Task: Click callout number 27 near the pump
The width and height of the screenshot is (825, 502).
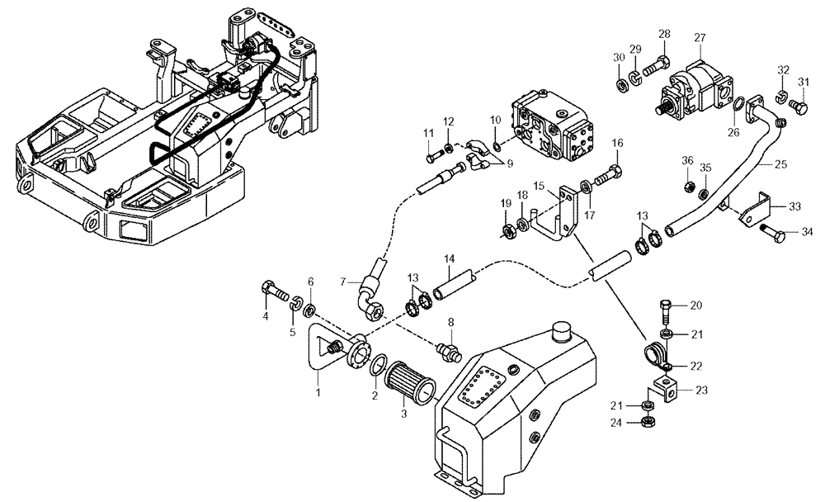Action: click(x=700, y=38)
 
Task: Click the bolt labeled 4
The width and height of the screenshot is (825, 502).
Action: click(x=274, y=291)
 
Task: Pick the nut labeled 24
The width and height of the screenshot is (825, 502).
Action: click(x=648, y=423)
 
